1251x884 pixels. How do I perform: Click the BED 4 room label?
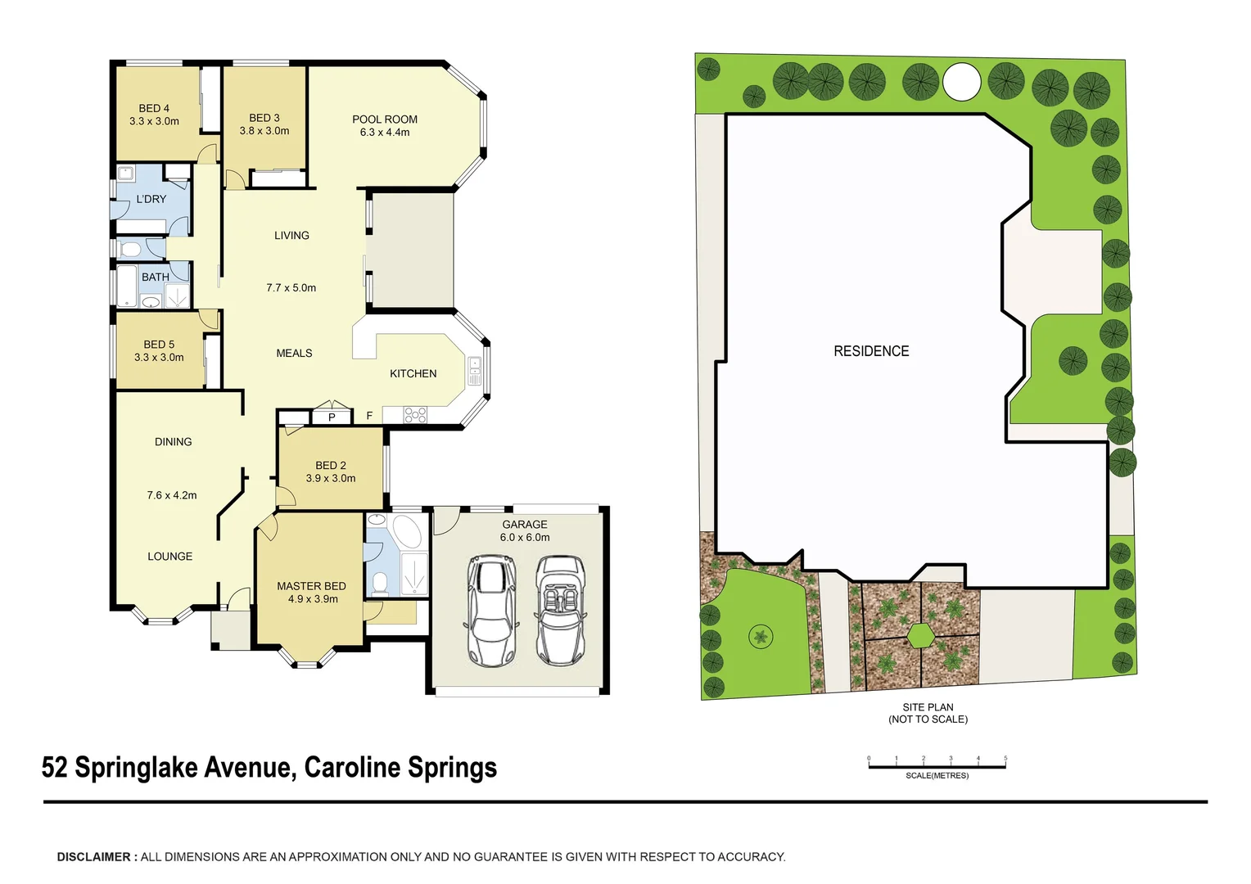click(x=154, y=108)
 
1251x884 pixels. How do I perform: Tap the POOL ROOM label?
click(x=385, y=120)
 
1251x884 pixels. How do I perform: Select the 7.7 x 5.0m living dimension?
click(x=291, y=288)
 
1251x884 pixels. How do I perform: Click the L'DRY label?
click(x=151, y=199)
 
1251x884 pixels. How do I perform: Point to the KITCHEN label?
click(x=413, y=374)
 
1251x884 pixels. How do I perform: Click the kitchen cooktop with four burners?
click(x=415, y=416)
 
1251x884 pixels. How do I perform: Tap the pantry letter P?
click(x=332, y=417)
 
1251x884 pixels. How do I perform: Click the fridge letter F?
click(x=369, y=417)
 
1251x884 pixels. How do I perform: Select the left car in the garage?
click(x=490, y=611)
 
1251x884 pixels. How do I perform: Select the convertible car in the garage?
click(x=560, y=611)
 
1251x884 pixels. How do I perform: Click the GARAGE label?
click(x=525, y=525)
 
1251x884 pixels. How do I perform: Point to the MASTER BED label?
click(x=311, y=586)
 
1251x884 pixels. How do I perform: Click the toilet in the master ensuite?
click(x=380, y=583)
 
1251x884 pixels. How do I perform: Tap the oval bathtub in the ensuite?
click(x=407, y=531)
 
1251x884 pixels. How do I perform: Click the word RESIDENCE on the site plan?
click(x=871, y=351)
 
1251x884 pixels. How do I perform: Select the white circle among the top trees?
click(x=961, y=82)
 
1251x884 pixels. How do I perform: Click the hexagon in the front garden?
click(x=921, y=635)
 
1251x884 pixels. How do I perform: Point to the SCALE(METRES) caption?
click(x=937, y=775)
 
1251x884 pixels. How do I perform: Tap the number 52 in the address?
click(x=54, y=768)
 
